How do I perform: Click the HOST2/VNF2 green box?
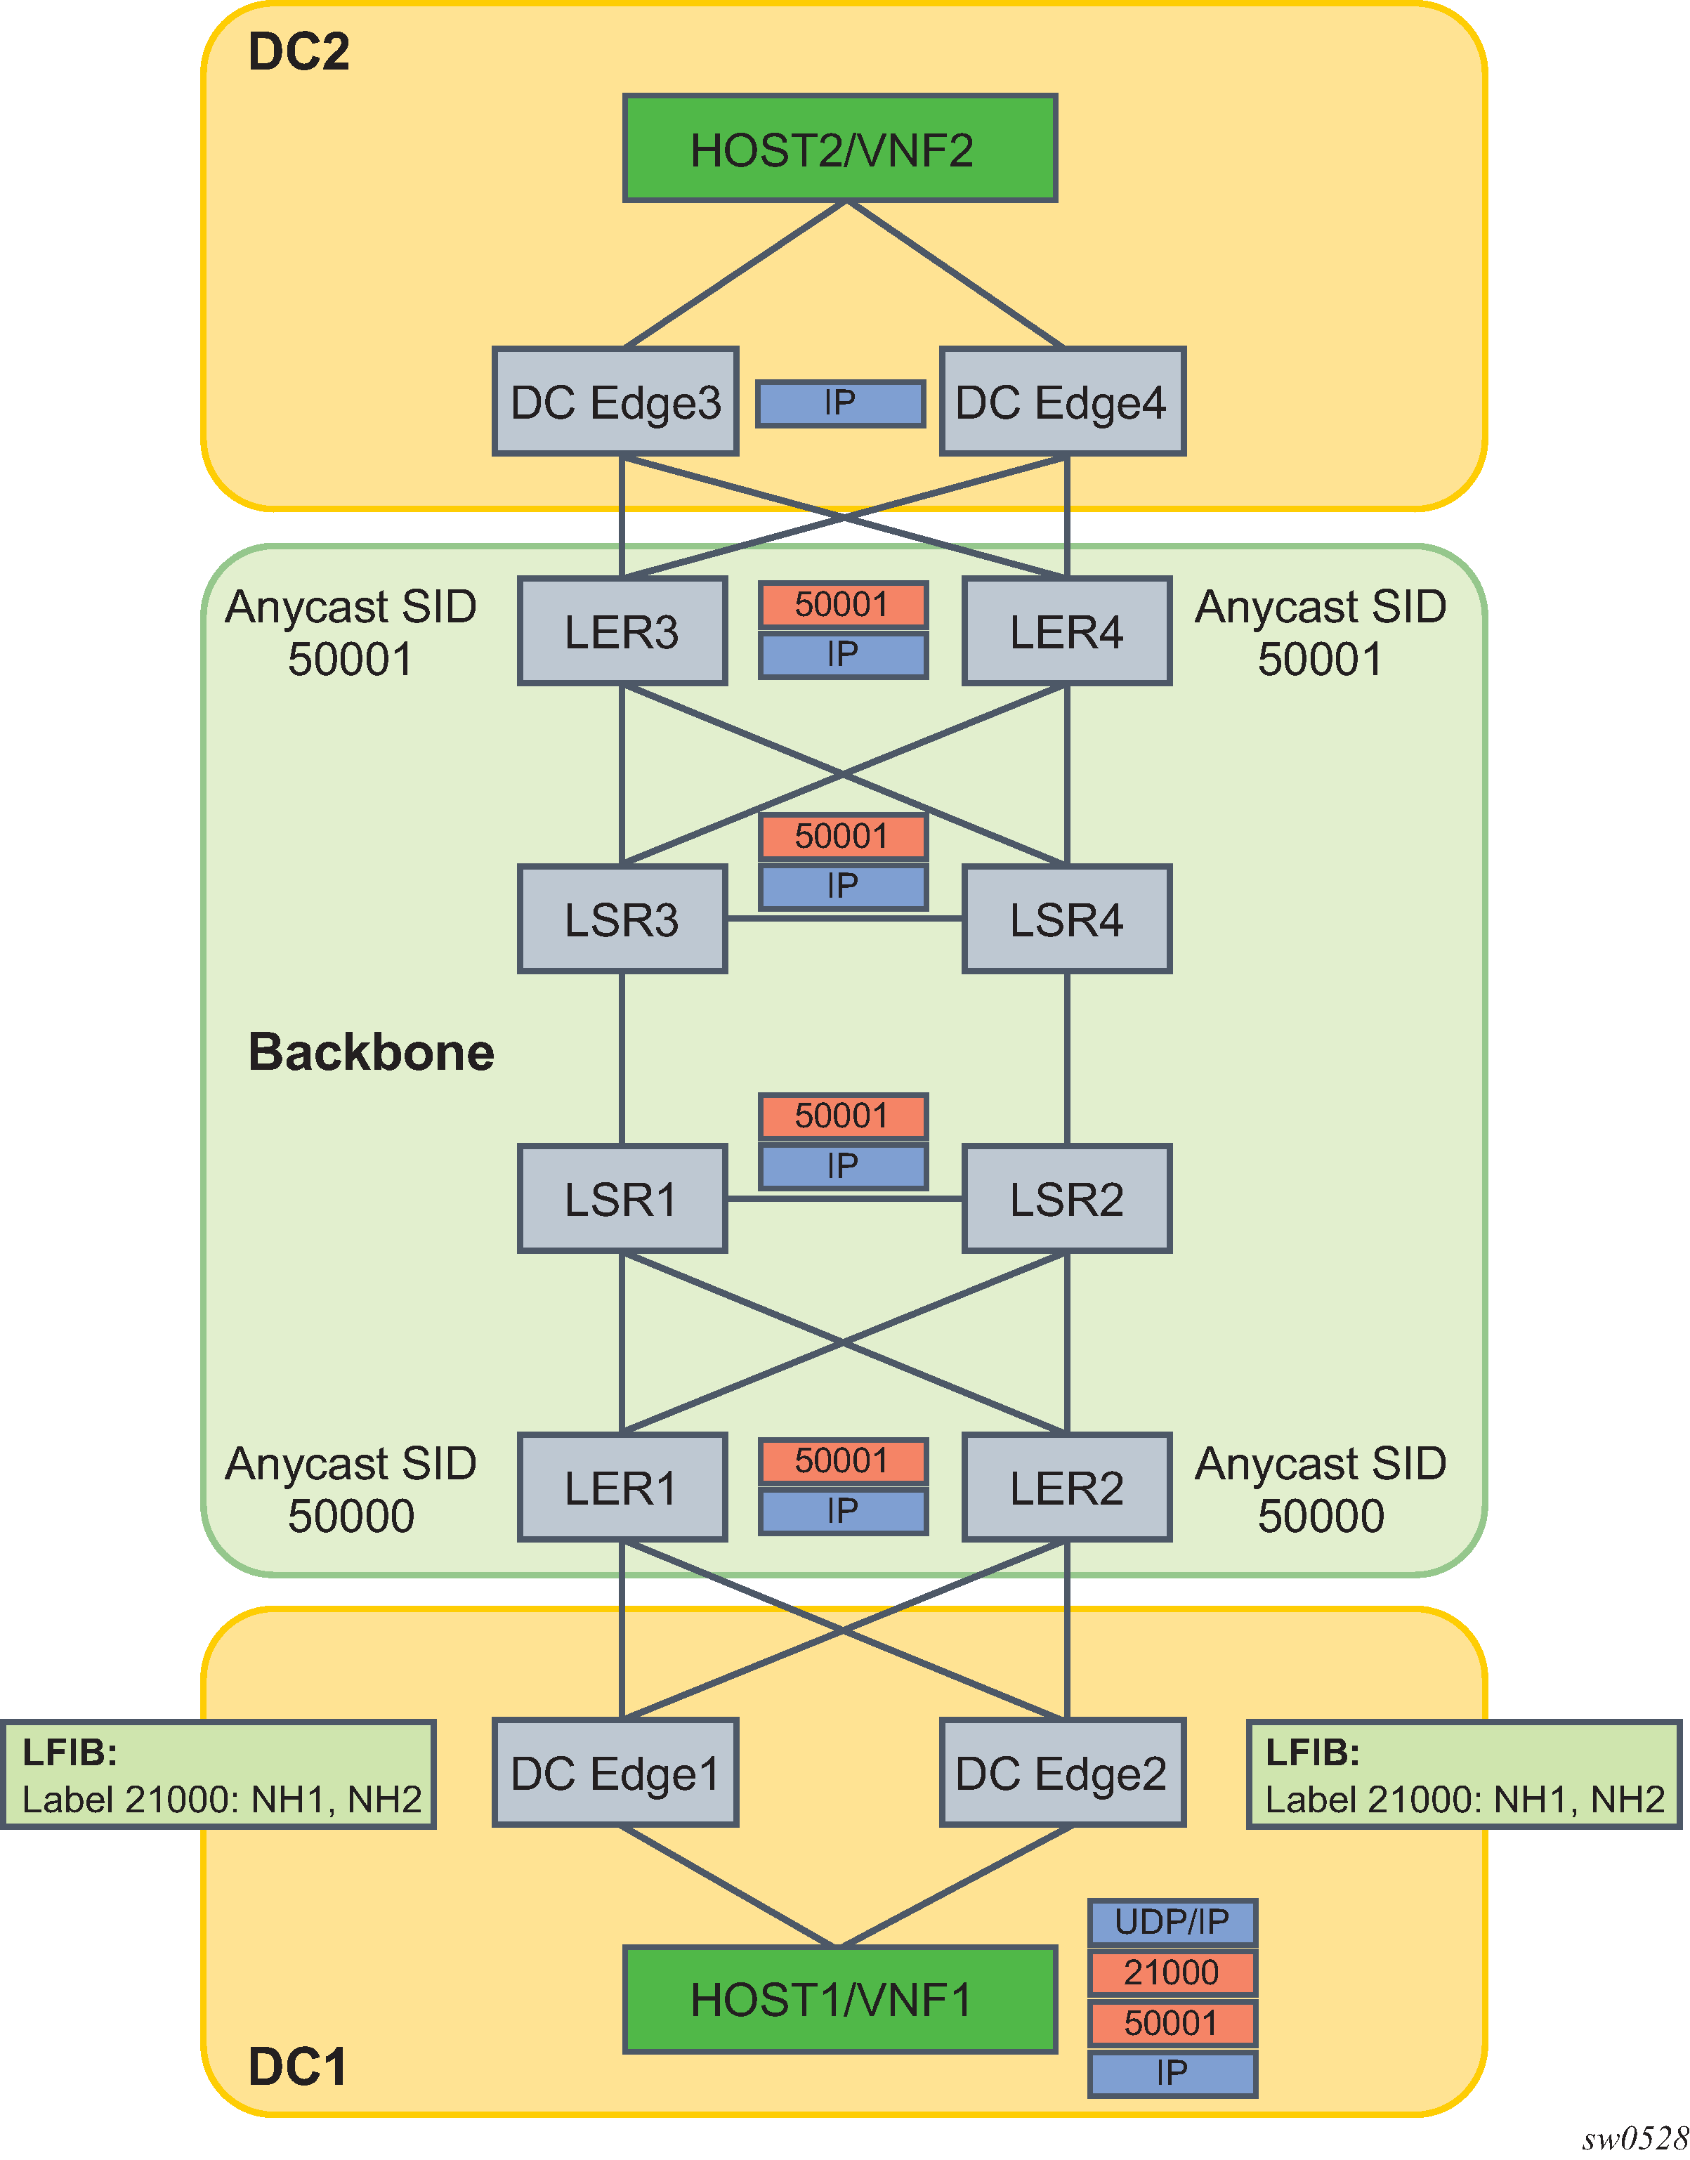839,148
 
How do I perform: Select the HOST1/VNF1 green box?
839,1998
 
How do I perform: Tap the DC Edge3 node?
615,402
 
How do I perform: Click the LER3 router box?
622,631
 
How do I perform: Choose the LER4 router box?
1067,631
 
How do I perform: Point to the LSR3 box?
622,919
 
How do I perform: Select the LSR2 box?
1067,1199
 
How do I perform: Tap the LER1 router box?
622,1487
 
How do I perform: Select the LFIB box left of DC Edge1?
218,1775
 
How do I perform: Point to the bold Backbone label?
371,1052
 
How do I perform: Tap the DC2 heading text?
299,51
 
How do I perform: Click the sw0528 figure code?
1634,2138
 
